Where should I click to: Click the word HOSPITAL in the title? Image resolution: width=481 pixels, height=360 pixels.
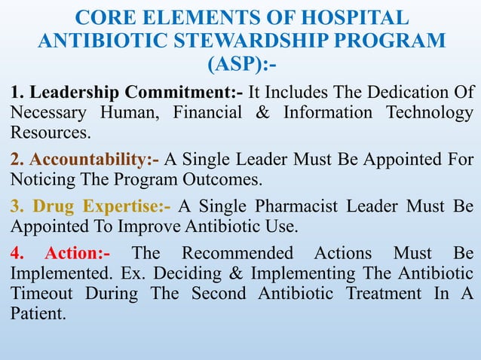[348, 18]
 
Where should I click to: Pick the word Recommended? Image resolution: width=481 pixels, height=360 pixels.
[237, 252]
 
